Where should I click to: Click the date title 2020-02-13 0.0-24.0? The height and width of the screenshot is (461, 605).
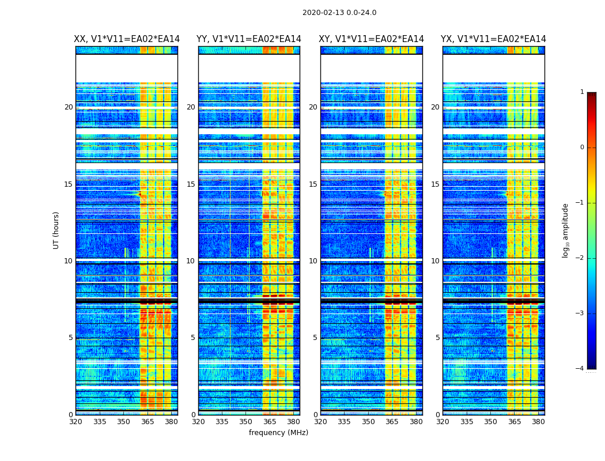339,13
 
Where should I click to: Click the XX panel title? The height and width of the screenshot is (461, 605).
127,39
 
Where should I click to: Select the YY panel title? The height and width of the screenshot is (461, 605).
249,39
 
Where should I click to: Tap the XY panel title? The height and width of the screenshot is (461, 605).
372,39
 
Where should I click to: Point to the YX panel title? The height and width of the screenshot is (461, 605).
494,39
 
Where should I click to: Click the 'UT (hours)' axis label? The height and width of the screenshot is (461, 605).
56,230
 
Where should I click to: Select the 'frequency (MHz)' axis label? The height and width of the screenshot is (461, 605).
278,433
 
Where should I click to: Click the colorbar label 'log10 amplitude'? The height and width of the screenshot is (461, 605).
566,230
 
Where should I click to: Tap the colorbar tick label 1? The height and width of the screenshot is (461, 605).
582,92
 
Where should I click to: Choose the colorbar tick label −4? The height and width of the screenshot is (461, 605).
580,369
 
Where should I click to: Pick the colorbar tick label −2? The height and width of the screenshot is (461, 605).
580,258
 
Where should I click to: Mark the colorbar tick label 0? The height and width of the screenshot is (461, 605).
582,148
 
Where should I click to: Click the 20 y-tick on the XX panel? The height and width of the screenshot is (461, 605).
69,107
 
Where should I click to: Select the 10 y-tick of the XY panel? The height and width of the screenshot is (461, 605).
313,261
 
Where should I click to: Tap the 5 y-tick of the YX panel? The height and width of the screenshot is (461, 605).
438,338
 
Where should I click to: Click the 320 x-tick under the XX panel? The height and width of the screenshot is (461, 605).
75,421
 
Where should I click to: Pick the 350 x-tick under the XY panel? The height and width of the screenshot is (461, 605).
368,421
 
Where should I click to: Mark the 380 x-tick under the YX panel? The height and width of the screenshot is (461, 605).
538,421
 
